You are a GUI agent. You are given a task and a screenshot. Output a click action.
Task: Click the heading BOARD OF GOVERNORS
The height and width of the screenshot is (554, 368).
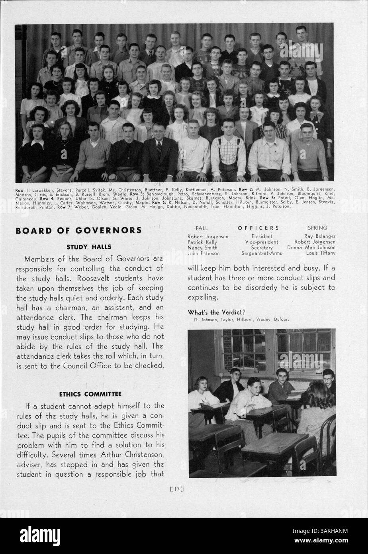click(x=78, y=230)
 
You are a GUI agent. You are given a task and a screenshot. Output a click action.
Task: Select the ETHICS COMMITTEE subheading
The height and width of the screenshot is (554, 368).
click(x=90, y=394)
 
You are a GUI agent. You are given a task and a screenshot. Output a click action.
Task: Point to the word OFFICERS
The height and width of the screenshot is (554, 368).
click(x=258, y=228)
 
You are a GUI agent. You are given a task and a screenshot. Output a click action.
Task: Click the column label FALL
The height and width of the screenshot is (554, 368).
click(x=202, y=228)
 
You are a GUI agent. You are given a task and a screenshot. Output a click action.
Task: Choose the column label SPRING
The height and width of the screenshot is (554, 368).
click(x=317, y=228)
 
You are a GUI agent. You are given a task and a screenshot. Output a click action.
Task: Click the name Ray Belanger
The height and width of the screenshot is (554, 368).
click(x=320, y=236)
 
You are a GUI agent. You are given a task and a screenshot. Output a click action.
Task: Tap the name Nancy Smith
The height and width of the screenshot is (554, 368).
click(x=202, y=248)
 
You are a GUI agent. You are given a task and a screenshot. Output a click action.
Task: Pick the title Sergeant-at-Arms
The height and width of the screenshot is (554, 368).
click(x=261, y=253)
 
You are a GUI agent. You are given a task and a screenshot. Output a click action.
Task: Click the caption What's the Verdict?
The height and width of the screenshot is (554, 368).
click(x=216, y=312)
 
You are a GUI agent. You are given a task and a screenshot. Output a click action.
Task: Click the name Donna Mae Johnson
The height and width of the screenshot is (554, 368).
click(x=311, y=248)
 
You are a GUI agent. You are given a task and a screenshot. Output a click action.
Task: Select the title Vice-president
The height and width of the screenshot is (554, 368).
click(x=262, y=242)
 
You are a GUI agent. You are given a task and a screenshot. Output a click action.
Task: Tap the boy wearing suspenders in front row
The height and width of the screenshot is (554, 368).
click(x=228, y=153)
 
